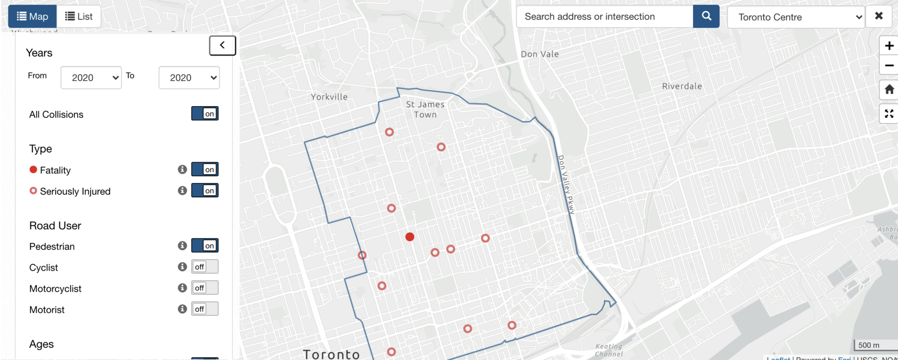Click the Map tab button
tap(32, 16)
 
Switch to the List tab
tap(79, 16)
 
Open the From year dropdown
tap(91, 78)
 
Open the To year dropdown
tap(189, 78)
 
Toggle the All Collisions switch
tap(205, 114)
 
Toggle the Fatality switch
tap(205, 169)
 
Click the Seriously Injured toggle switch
tap(205, 190)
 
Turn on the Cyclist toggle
tap(205, 266)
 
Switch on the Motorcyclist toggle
tap(205, 288)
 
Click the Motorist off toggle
tap(205, 309)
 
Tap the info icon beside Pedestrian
tap(182, 245)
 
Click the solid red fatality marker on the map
tap(410, 237)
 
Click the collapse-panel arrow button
tap(222, 45)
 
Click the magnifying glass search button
tap(706, 16)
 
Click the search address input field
tap(604, 16)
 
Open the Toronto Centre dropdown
tap(796, 17)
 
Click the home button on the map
tap(889, 89)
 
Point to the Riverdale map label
tap(682, 86)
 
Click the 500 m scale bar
tap(869, 346)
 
